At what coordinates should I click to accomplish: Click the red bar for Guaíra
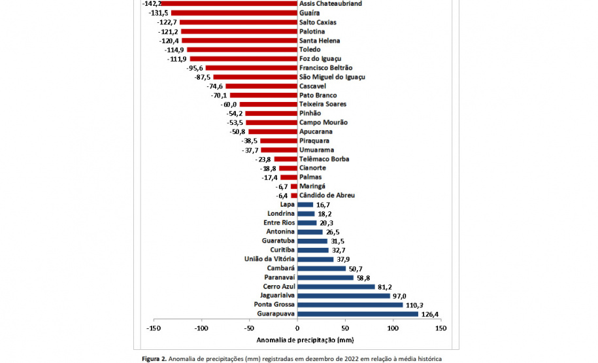(x=234, y=13)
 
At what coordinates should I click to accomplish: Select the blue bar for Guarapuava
(x=357, y=314)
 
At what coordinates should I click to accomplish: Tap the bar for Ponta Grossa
(x=350, y=305)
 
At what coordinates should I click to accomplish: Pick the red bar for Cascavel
(x=261, y=86)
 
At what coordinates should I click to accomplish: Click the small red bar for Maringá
(x=294, y=186)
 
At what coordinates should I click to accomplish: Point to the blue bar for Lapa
(x=305, y=205)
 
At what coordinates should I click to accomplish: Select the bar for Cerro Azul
(x=336, y=286)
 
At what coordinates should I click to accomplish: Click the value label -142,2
(x=152, y=4)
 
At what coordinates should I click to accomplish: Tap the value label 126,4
(x=431, y=314)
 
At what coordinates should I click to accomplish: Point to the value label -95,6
(x=195, y=68)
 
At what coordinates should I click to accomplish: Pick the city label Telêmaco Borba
(x=324, y=159)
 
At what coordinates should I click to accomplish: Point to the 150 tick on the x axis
(x=440, y=328)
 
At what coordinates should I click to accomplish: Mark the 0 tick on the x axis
(x=297, y=328)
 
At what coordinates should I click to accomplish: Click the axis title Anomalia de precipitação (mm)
(x=297, y=340)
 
